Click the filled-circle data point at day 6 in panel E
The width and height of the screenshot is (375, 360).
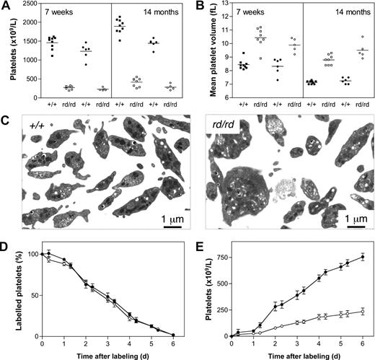[362, 256]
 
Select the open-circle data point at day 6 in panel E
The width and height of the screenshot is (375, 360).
[362, 311]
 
